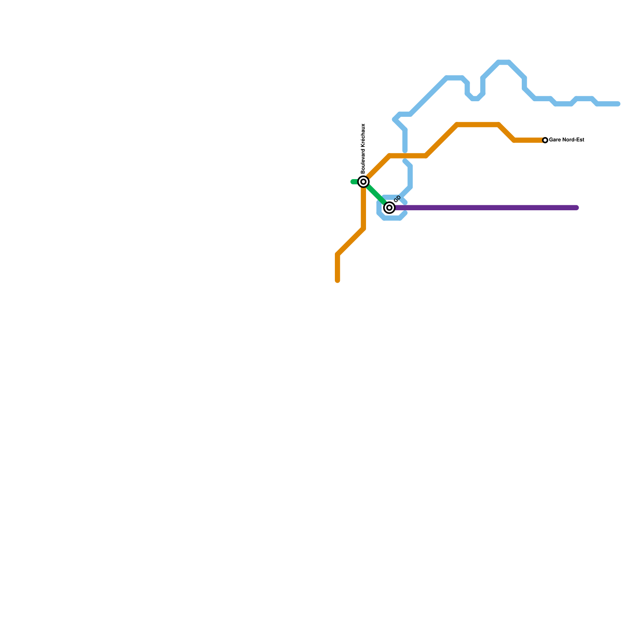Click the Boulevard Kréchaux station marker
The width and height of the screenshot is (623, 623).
click(x=363, y=182)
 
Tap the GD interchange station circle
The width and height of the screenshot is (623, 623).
click(x=389, y=208)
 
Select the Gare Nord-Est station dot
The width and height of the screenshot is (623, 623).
click(x=545, y=140)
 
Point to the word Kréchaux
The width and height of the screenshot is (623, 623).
click(x=363, y=136)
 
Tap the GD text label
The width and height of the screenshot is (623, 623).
click(x=397, y=199)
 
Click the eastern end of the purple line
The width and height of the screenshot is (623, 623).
click(x=577, y=208)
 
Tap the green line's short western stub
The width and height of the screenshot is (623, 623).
click(x=355, y=182)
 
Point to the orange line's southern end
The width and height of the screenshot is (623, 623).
click(x=338, y=280)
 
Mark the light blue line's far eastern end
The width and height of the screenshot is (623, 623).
click(x=618, y=104)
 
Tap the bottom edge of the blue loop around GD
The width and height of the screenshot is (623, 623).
click(x=392, y=218)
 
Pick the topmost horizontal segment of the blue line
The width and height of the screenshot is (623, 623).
click(x=504, y=62)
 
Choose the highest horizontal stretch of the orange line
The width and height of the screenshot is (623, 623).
click(x=478, y=125)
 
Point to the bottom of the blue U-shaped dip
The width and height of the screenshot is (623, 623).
click(x=475, y=99)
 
